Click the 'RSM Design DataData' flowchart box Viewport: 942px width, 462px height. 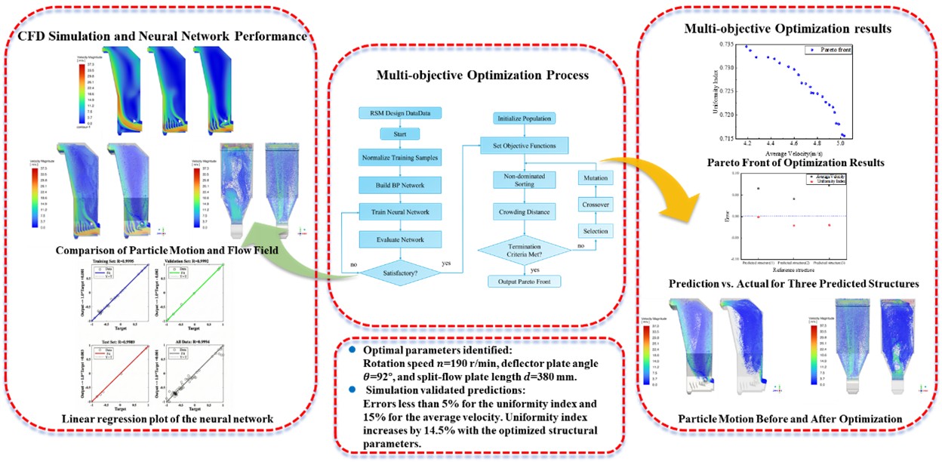point(399,113)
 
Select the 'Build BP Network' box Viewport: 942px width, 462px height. point(399,184)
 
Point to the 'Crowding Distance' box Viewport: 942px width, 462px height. point(522,212)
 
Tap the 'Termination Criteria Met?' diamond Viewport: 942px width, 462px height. point(522,247)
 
